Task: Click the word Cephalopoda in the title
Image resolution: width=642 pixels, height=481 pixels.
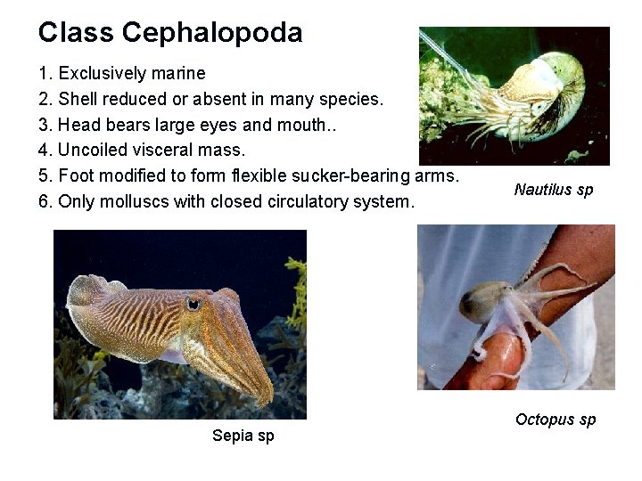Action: coord(212,34)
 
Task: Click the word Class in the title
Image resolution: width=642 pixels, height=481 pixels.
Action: coord(76,34)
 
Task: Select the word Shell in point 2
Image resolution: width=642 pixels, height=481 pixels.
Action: coord(78,99)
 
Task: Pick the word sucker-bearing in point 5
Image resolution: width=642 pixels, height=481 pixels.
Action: coord(349,175)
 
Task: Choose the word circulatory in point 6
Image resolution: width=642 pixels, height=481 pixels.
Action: coord(312,201)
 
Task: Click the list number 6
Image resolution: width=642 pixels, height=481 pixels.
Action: coord(44,201)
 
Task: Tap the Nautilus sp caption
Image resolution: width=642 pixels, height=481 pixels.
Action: coord(554,190)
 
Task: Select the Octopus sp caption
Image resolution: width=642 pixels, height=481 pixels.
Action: coord(555,420)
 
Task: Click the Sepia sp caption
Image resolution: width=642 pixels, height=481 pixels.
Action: coord(243,436)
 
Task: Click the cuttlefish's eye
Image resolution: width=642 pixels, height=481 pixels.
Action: coord(193,304)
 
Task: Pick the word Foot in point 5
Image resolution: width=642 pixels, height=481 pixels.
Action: coord(76,175)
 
